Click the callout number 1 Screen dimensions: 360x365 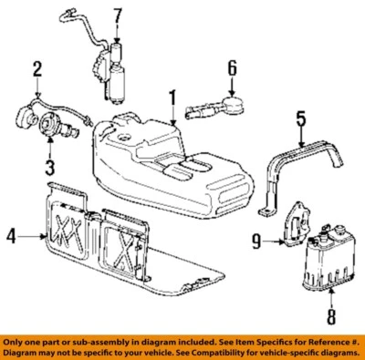[171, 98]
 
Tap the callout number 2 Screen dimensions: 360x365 [37, 68]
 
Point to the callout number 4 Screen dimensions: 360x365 [11, 237]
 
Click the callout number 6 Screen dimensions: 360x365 [232, 67]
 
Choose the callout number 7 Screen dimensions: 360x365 [116, 15]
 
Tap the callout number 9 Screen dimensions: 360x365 [257, 242]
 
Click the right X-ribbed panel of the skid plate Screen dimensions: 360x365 [120, 242]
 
